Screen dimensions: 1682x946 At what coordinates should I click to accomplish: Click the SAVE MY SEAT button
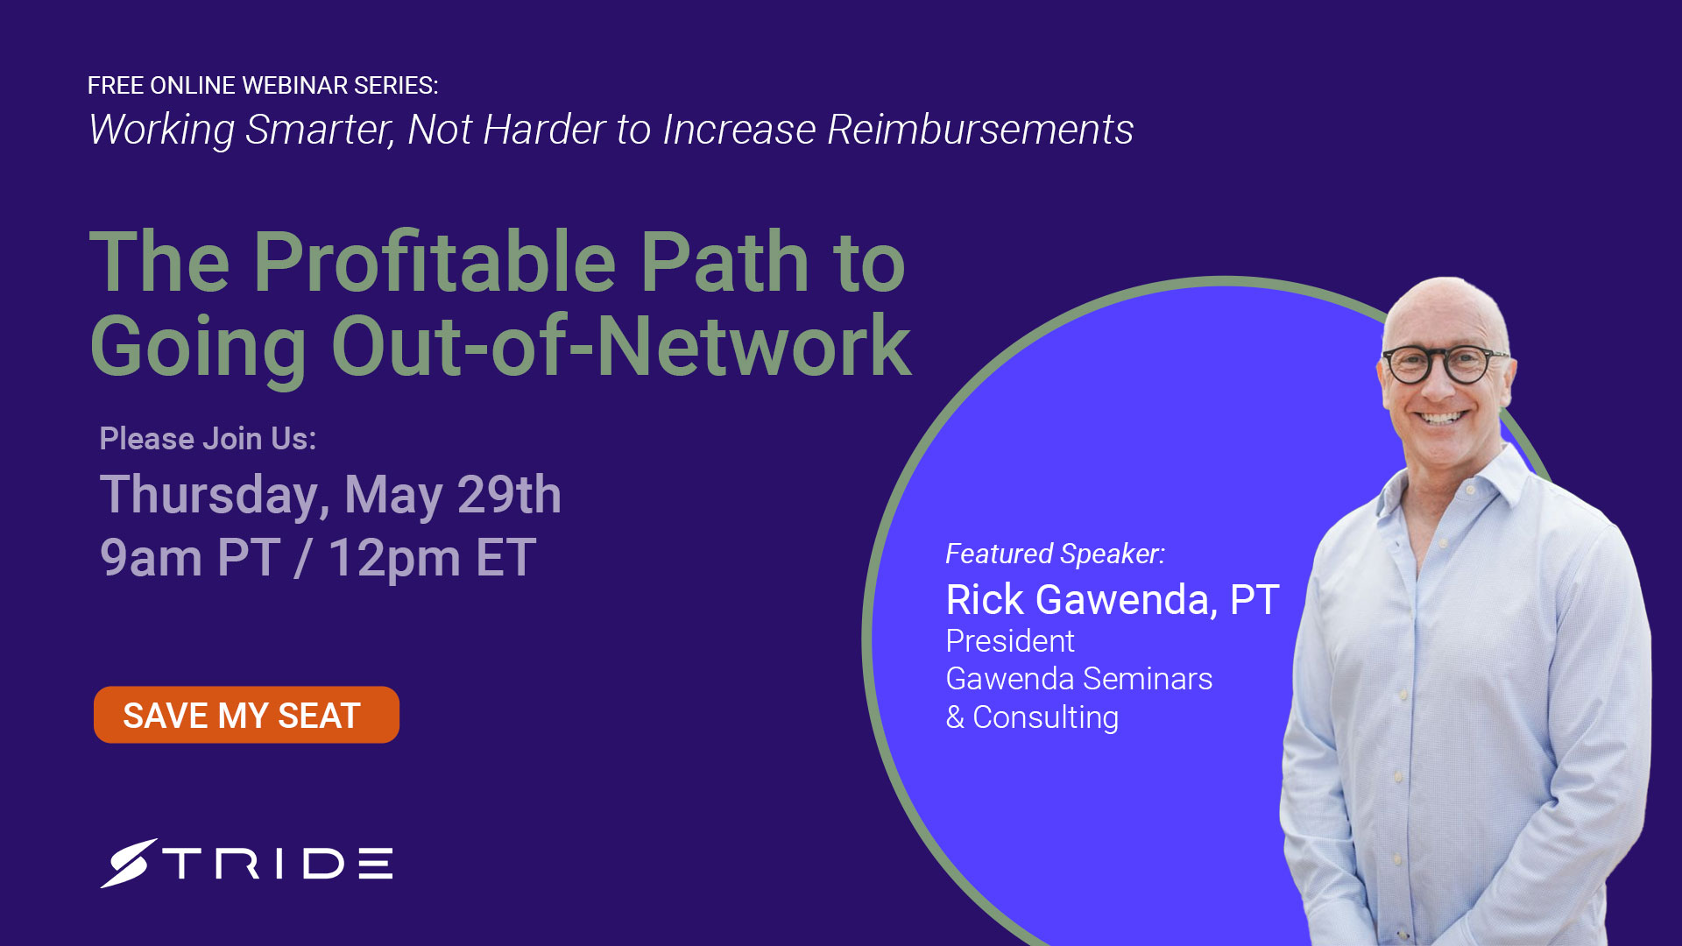[246, 715]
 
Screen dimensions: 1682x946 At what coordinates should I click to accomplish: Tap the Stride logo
[246, 864]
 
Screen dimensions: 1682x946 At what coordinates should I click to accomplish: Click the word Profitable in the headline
[435, 263]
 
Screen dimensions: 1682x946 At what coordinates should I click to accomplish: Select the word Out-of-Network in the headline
[621, 347]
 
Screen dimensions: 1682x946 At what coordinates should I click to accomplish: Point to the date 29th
[509, 495]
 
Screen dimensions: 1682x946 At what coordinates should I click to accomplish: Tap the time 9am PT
[190, 558]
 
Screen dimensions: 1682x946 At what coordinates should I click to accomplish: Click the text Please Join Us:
[208, 438]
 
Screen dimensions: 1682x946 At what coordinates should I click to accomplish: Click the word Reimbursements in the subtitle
[980, 130]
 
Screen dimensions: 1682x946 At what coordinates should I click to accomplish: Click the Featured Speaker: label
[1056, 554]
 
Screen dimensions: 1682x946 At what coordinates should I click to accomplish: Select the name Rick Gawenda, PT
[1113, 601]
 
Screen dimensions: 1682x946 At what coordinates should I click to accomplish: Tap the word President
[1010, 641]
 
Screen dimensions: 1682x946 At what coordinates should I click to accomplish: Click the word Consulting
[1046, 717]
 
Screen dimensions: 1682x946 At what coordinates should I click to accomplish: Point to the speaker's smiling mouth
[1441, 418]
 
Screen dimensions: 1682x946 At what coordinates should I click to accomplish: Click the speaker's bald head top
[1445, 302]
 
